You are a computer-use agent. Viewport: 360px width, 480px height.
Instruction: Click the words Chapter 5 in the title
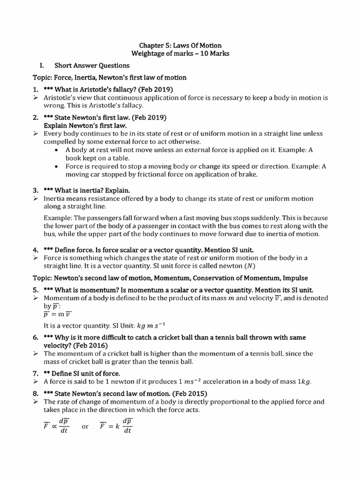(x=152, y=45)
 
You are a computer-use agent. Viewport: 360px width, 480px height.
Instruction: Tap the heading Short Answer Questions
(x=92, y=66)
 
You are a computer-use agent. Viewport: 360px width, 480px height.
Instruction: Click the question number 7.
(x=35, y=373)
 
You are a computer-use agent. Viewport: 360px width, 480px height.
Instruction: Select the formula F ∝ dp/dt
(x=56, y=426)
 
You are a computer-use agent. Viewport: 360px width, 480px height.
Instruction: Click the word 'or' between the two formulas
(x=85, y=427)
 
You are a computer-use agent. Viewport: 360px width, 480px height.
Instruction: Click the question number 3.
(x=35, y=190)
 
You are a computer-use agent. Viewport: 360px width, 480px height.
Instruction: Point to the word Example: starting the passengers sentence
(x=58, y=218)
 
